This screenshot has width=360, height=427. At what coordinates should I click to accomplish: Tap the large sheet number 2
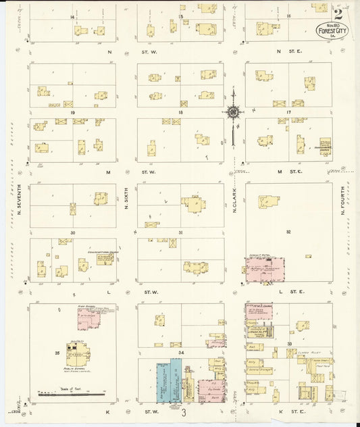(337, 11)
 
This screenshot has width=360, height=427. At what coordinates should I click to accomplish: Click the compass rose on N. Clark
(234, 113)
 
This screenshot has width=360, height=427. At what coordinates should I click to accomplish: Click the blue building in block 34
(176, 380)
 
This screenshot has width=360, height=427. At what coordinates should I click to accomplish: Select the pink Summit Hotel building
(265, 270)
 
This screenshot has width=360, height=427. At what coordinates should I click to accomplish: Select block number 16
(288, 16)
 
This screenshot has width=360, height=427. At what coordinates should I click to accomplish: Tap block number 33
(288, 345)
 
